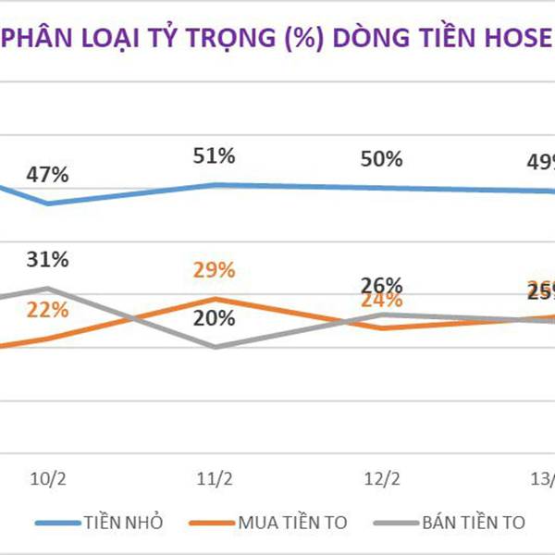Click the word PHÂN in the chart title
tap(34, 42)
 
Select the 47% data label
tap(48, 175)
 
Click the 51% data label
tap(215, 155)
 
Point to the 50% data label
tap(381, 159)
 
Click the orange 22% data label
tap(48, 311)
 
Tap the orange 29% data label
tap(215, 270)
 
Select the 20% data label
tap(215, 318)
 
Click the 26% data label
tap(381, 285)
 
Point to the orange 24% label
tap(381, 301)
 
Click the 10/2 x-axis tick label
tap(48, 479)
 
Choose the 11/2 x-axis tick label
tap(215, 479)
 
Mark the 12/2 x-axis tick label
tap(381, 479)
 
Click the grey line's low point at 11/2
tap(215, 347)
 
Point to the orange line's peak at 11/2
tap(215, 299)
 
